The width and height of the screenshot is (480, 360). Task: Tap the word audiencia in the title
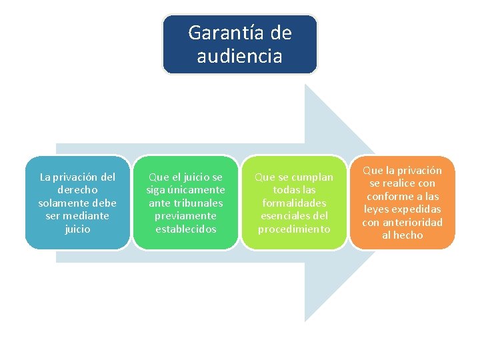point(239,56)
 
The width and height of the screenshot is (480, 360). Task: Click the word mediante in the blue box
point(87,216)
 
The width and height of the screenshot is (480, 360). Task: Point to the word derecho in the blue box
point(77,190)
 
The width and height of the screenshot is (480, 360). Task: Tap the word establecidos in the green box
point(185,229)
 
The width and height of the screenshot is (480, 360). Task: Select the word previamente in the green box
point(185,216)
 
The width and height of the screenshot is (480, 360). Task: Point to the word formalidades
point(294,203)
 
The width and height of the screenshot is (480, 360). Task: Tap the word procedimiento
point(294,229)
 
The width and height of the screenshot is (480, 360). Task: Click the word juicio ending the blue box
point(77,229)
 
